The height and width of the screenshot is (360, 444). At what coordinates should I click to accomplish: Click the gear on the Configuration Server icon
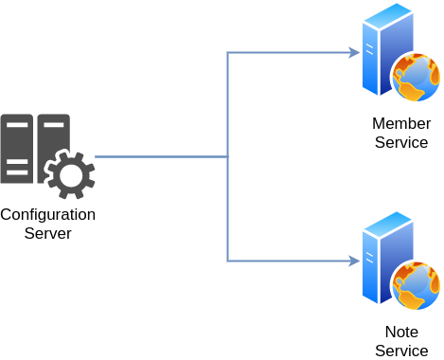click(x=70, y=174)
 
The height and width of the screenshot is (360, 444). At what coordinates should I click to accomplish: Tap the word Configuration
click(x=48, y=215)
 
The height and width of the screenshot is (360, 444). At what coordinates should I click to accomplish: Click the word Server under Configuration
click(x=48, y=234)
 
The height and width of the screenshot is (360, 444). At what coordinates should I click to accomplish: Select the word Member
click(x=401, y=123)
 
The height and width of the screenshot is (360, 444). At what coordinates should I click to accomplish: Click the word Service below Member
click(x=401, y=142)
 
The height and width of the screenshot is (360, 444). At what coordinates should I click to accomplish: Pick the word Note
click(x=401, y=332)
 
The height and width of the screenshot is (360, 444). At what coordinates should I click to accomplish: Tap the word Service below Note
click(x=401, y=351)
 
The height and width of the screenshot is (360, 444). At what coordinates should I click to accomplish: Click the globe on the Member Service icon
click(x=416, y=77)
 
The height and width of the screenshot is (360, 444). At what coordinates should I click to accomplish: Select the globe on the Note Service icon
click(x=416, y=285)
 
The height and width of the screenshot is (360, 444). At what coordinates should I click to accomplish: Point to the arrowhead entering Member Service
click(x=355, y=52)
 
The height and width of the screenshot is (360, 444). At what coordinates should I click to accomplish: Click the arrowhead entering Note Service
click(x=355, y=261)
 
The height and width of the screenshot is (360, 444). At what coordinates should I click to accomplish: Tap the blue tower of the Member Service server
click(x=387, y=49)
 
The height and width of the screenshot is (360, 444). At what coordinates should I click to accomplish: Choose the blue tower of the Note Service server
click(x=387, y=258)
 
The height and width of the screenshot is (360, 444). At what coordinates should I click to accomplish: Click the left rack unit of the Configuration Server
click(x=17, y=149)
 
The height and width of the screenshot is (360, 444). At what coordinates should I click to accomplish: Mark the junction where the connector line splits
click(x=227, y=156)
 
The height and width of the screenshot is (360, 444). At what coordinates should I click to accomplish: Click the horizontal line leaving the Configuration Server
click(x=161, y=156)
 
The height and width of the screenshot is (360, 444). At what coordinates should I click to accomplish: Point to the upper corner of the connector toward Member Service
click(x=227, y=52)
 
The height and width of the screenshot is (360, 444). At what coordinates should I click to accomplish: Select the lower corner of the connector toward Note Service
click(x=227, y=261)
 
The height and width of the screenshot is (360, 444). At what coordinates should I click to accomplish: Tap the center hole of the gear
click(x=71, y=175)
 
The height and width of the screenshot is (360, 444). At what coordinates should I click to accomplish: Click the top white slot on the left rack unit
click(x=17, y=125)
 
